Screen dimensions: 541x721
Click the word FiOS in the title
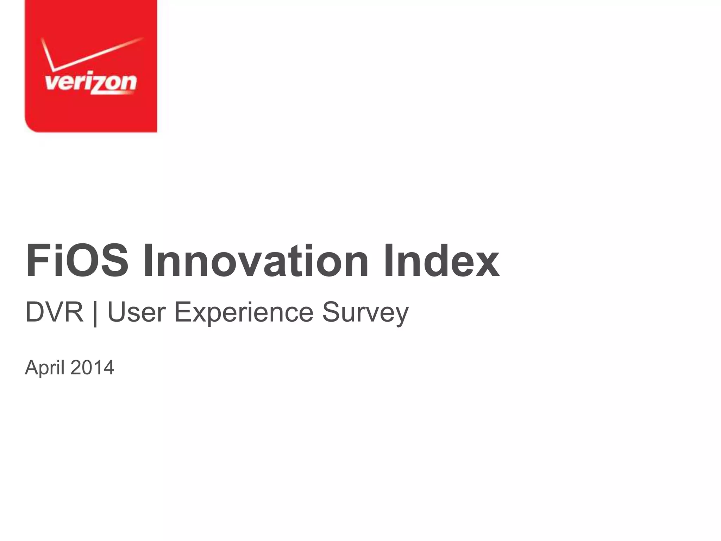[x=77, y=261]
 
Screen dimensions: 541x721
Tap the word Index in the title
[x=441, y=261]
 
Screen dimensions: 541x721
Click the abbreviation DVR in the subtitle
[x=54, y=312]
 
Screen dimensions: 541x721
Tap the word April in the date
[x=44, y=368]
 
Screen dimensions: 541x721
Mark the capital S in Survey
[x=331, y=312]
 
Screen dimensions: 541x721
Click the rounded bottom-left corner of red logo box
[x=30, y=127]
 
